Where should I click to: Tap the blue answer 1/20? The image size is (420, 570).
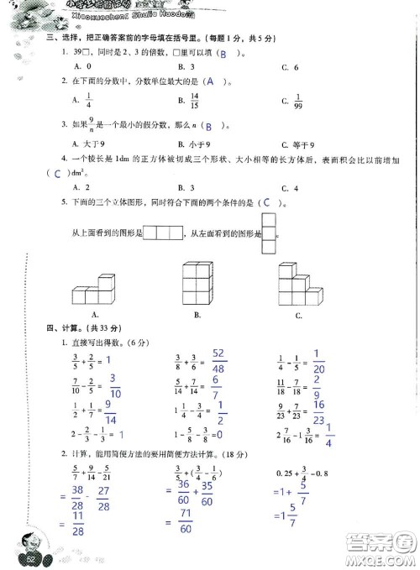pos(318,362)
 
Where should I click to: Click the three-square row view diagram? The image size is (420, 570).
pos(163,233)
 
